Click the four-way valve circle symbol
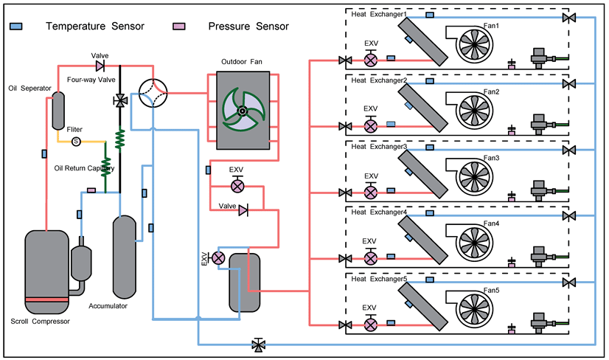(153, 93)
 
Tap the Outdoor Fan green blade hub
(242, 111)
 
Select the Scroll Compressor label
(41, 322)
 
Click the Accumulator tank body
(125, 257)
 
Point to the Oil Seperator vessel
(58, 111)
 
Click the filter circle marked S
(76, 142)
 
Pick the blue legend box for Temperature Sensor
(16, 27)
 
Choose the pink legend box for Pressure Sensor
(179, 27)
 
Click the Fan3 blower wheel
(474, 177)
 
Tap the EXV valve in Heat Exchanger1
(371, 60)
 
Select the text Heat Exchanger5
(379, 279)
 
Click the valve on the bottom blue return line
(258, 345)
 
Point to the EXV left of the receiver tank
(218, 257)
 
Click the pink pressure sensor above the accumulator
(91, 190)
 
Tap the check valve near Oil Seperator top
(100, 66)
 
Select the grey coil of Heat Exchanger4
(423, 240)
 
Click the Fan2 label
(491, 92)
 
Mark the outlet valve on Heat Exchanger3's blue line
(569, 150)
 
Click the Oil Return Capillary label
(84, 168)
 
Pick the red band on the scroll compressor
(47, 300)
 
